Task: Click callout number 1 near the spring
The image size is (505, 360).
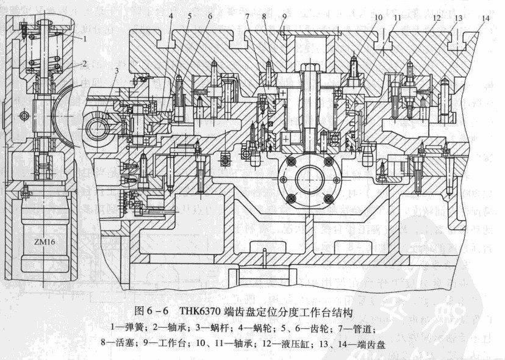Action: tap(86, 38)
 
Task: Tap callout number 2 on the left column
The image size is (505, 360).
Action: tap(86, 63)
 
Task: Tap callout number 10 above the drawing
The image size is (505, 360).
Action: tap(378, 18)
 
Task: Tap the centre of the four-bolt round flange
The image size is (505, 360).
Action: tap(310, 180)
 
